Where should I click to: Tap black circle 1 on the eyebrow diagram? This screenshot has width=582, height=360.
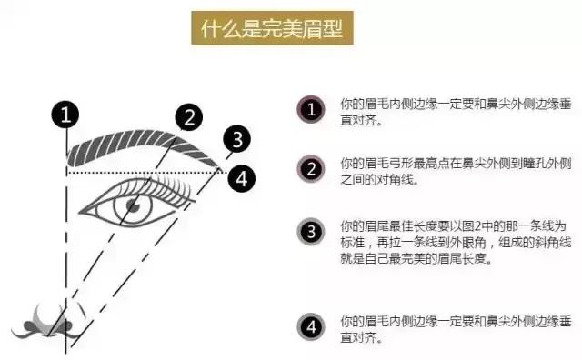pyautogui.click(x=65, y=115)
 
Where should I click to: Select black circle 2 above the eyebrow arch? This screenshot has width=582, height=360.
pyautogui.click(x=187, y=116)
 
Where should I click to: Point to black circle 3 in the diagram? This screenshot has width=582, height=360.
pyautogui.click(x=236, y=139)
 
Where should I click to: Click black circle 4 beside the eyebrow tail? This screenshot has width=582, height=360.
pyautogui.click(x=240, y=177)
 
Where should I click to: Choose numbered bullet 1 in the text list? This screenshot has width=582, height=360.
pyautogui.click(x=312, y=110)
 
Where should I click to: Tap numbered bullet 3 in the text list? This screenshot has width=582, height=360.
pyautogui.click(x=312, y=231)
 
